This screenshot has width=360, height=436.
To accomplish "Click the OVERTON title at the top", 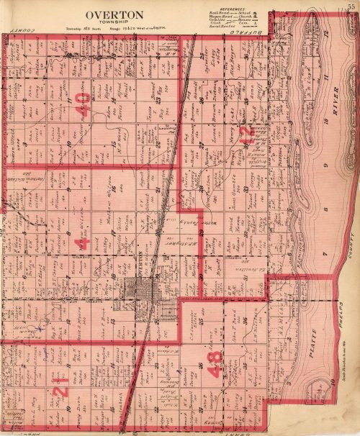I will click(114, 14).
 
